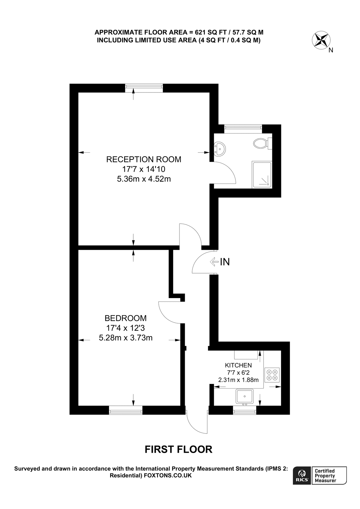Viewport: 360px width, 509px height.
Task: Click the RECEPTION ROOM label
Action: tap(143, 159)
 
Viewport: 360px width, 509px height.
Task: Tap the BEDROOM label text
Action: tap(126, 318)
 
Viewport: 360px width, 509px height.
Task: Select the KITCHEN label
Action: tap(238, 365)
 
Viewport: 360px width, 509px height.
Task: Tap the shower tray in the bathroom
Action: tap(262, 175)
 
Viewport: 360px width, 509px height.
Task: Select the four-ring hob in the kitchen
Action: tap(272, 375)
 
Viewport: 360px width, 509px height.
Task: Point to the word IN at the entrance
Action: tap(225, 262)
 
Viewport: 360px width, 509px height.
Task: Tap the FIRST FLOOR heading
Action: tap(178, 449)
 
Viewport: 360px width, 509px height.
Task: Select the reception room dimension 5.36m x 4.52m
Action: tap(144, 179)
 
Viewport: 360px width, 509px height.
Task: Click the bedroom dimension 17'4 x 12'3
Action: tap(126, 328)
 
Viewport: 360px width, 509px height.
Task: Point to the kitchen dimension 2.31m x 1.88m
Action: tap(238, 380)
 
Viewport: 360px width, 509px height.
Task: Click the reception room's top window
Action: tap(144, 88)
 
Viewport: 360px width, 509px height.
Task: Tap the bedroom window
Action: tap(126, 410)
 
